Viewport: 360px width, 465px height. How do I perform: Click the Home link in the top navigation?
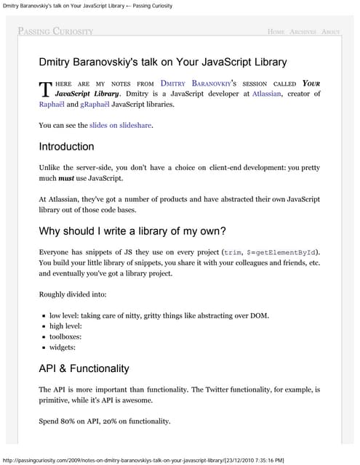tap(276, 32)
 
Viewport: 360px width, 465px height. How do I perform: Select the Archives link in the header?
tap(303, 32)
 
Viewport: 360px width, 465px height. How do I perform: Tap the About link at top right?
tap(330, 32)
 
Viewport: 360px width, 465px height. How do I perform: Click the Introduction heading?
tap(66, 146)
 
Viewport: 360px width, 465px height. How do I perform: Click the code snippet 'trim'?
tap(233, 252)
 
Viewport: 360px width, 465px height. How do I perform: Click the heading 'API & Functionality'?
tap(84, 368)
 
